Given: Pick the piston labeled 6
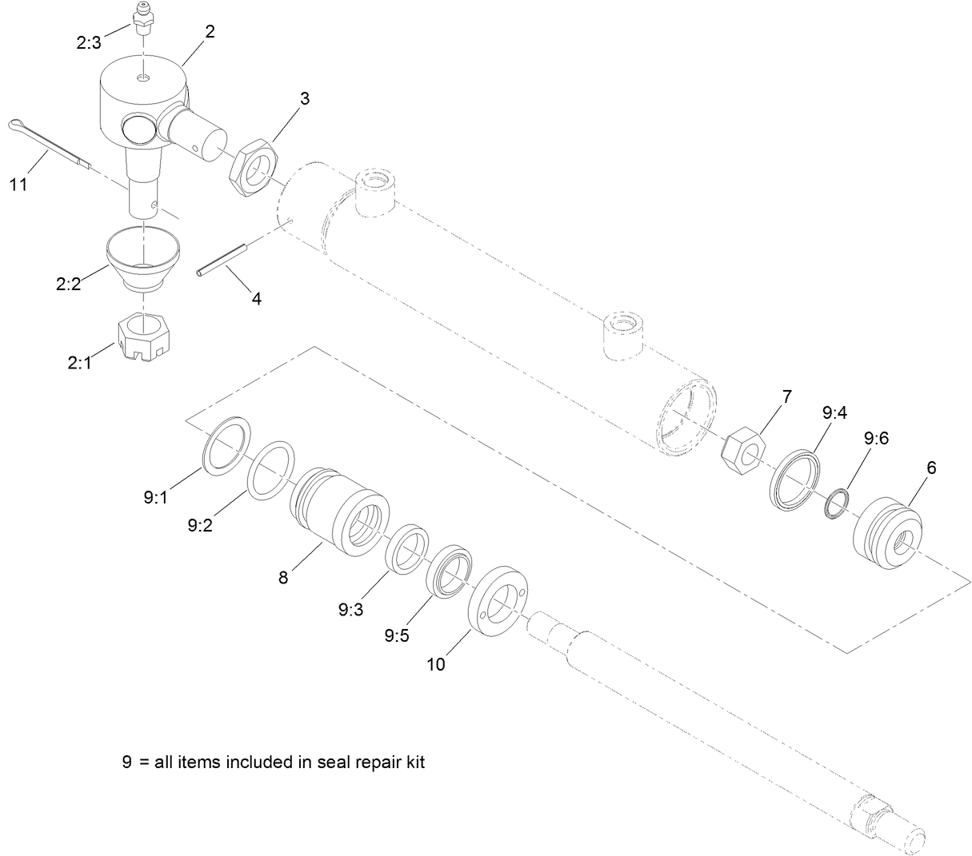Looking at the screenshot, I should pos(888,533).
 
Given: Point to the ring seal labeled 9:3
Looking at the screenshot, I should pos(406,548).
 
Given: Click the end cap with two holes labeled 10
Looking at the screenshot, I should pos(497,601).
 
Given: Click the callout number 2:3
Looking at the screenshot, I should pos(89,43).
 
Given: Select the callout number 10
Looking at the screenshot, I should pos(436,663).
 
